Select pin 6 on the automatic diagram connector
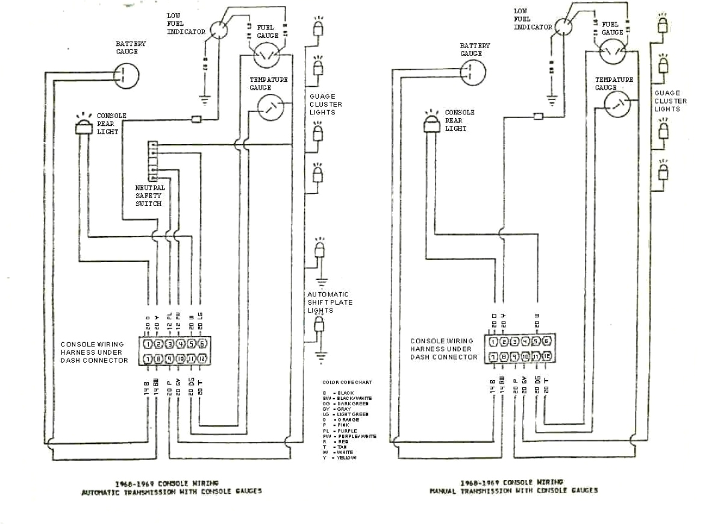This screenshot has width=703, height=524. point(202,345)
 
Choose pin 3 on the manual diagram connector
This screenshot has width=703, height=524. point(516,342)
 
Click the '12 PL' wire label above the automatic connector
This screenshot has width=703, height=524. point(169,319)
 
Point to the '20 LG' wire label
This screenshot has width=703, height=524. point(201,319)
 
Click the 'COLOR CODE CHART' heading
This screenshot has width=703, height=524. point(347,382)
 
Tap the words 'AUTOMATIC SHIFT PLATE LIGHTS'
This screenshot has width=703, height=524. point(330,302)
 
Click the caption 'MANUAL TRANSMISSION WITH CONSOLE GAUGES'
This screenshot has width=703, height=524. point(513,491)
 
